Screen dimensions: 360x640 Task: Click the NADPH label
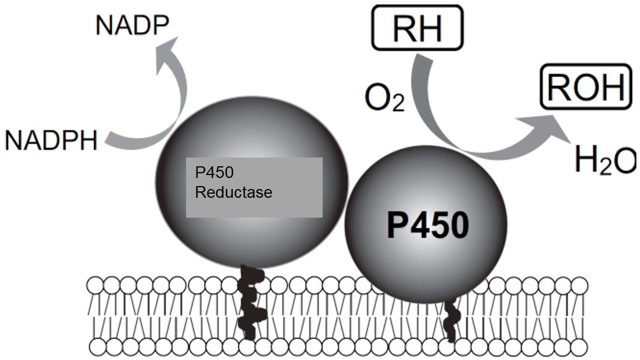[51, 141]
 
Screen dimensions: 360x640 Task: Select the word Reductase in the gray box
[233, 193]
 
